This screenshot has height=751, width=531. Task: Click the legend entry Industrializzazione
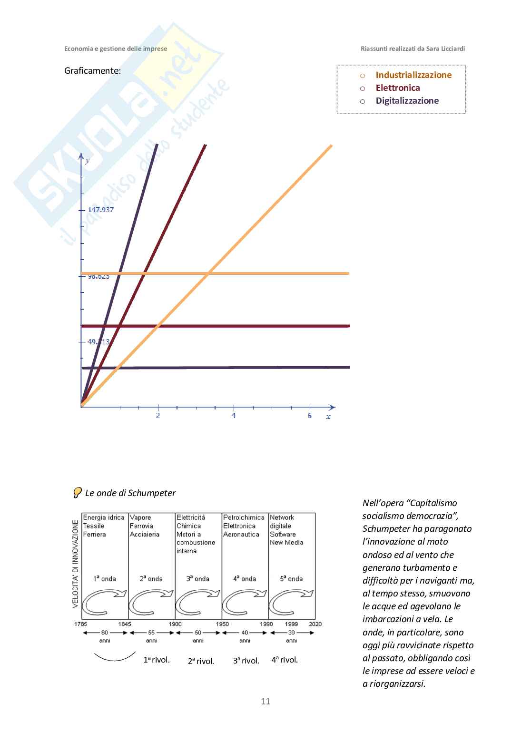pyautogui.click(x=413, y=75)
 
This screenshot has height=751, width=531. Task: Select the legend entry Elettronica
pyautogui.click(x=397, y=88)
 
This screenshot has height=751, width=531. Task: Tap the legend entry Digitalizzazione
pyautogui.click(x=407, y=101)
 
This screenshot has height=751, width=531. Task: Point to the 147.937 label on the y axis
pyautogui.click(x=101, y=210)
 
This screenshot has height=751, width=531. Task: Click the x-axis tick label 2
pyautogui.click(x=158, y=416)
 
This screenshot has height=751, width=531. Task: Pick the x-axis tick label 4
pyautogui.click(x=234, y=416)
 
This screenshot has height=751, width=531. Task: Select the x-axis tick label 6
pyautogui.click(x=310, y=416)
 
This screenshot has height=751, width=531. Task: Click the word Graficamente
pyautogui.click(x=92, y=71)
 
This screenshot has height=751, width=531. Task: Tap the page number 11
pyautogui.click(x=265, y=701)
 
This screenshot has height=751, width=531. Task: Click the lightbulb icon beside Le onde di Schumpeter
pyautogui.click(x=77, y=493)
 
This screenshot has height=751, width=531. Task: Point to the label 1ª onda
pyautogui.click(x=105, y=579)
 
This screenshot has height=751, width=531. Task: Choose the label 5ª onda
pyautogui.click(x=291, y=579)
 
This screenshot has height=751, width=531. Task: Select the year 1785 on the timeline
pyautogui.click(x=80, y=624)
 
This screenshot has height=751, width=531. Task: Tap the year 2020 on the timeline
pyautogui.click(x=315, y=624)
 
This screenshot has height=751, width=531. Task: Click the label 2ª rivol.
pyautogui.click(x=201, y=661)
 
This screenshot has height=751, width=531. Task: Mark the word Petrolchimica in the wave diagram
pyautogui.click(x=244, y=517)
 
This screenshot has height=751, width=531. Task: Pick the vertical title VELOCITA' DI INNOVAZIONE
pyautogui.click(x=76, y=564)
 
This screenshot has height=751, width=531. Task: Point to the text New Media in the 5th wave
pyautogui.click(x=286, y=543)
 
